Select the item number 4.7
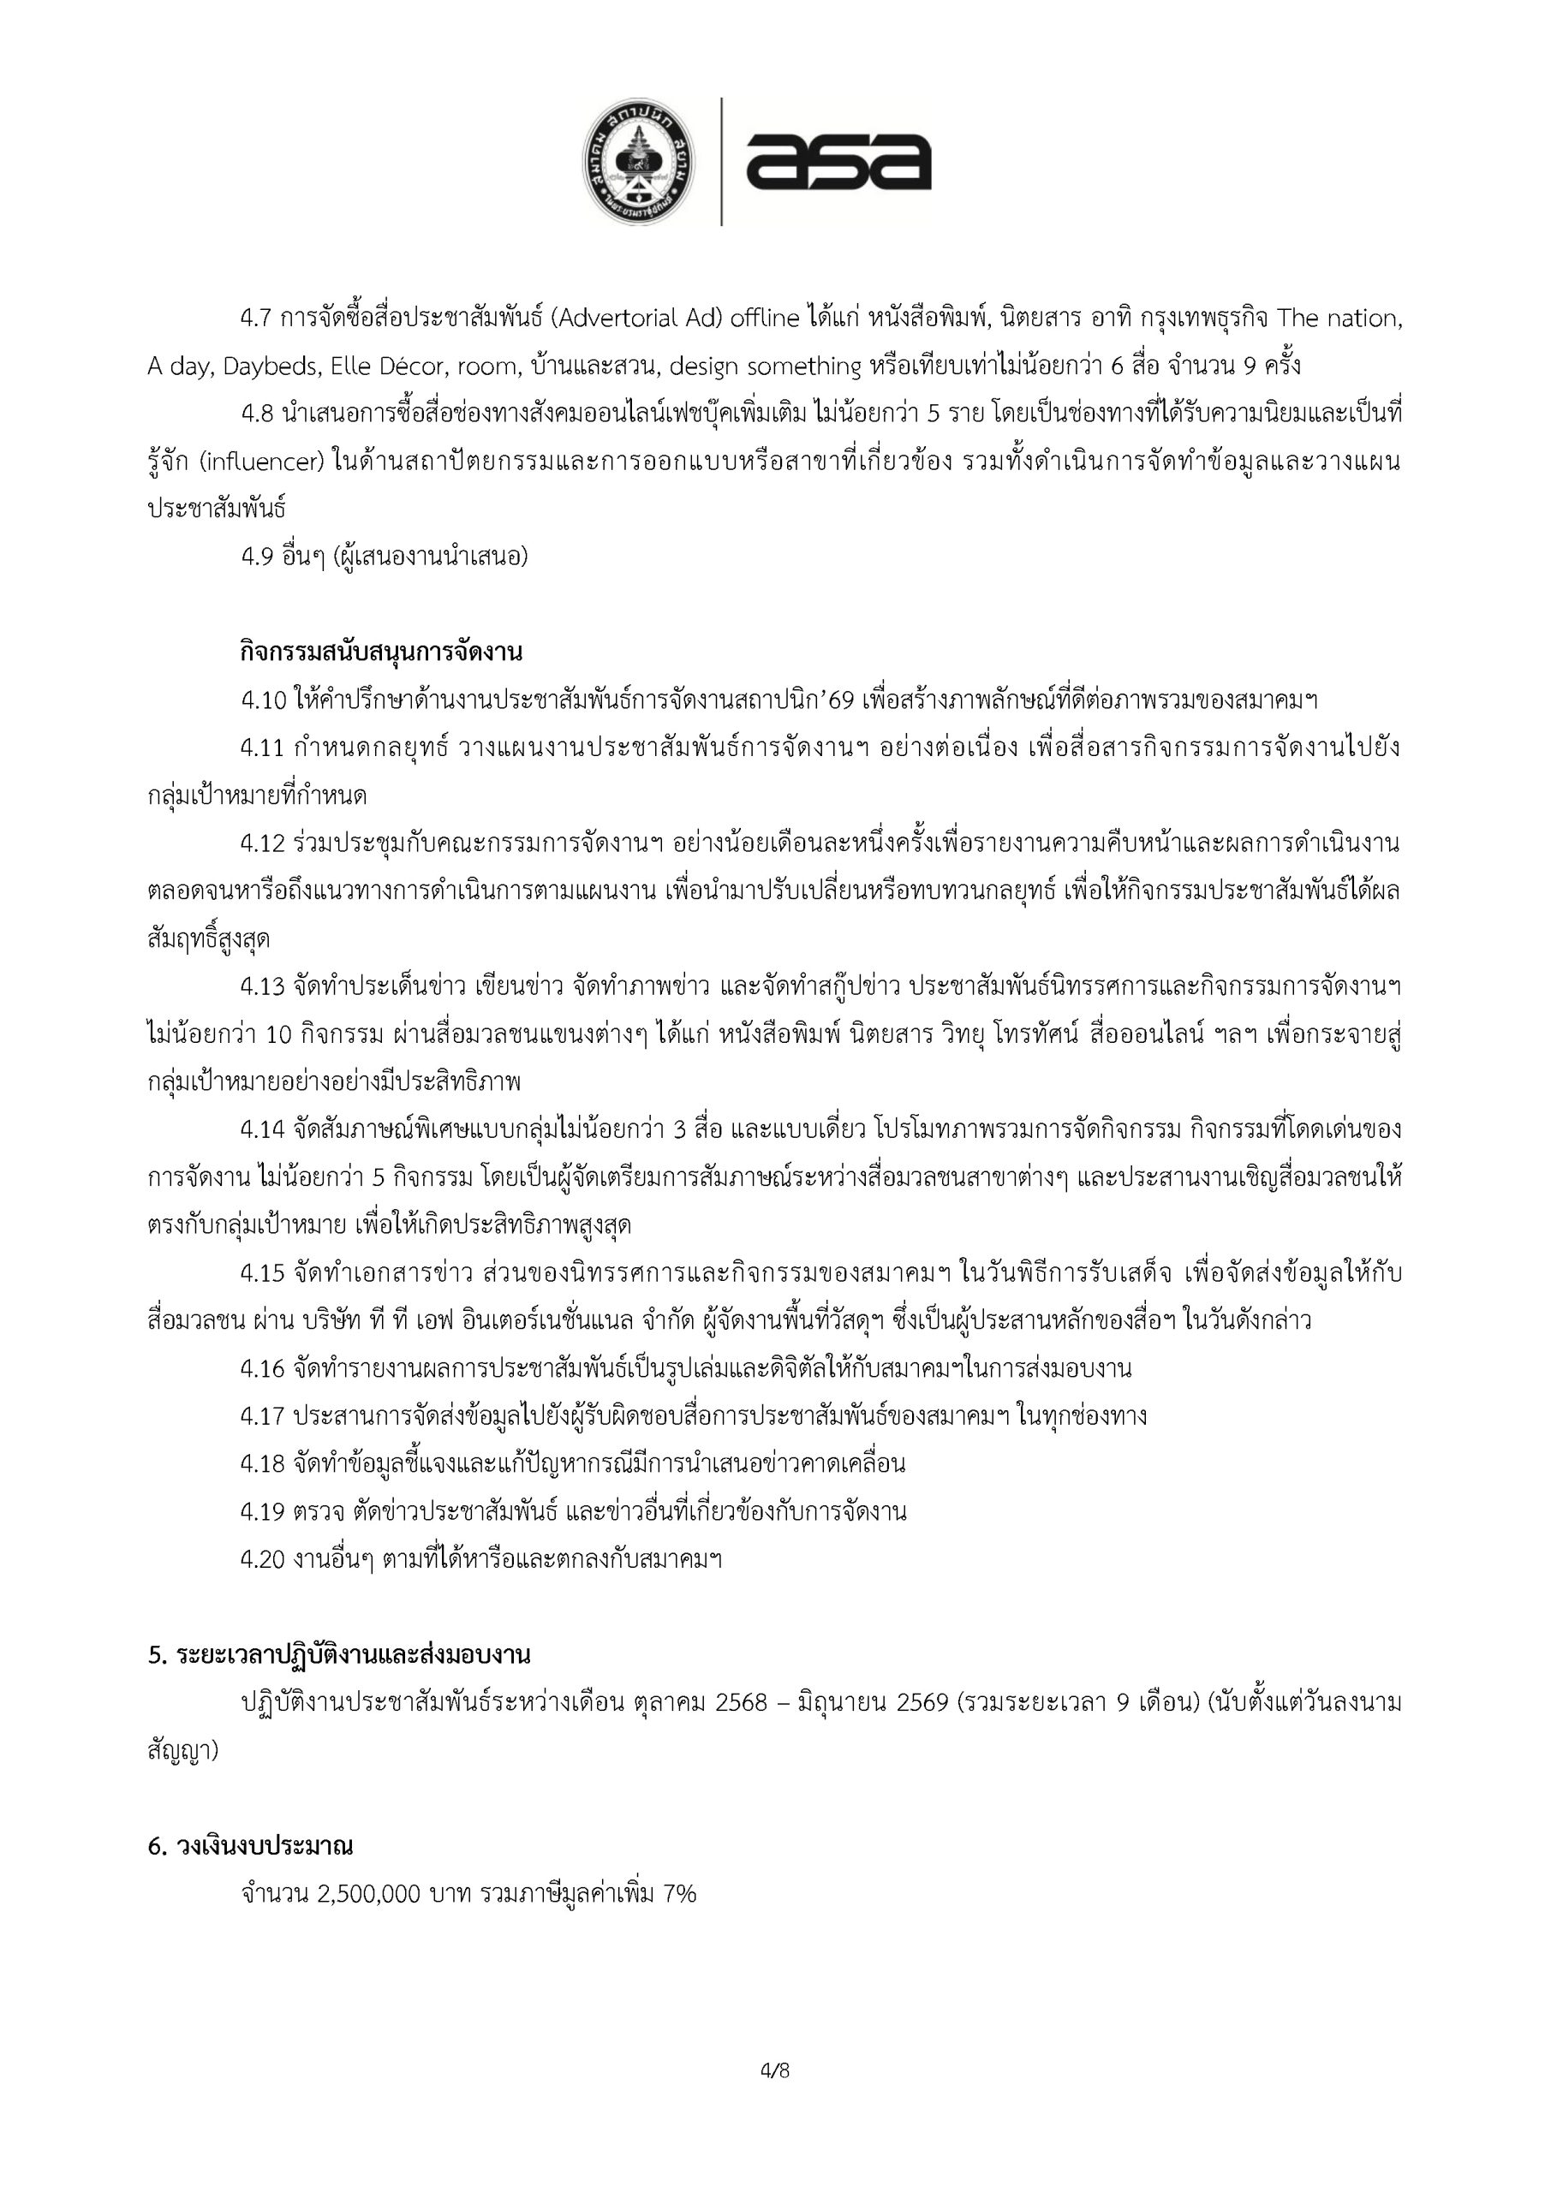(257, 319)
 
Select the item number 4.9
(257, 557)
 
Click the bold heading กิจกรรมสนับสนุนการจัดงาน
(381, 653)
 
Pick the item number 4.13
(263, 986)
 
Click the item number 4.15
(263, 1272)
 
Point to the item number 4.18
(263, 1462)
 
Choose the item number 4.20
(263, 1559)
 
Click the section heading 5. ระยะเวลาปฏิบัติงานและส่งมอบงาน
(339, 1654)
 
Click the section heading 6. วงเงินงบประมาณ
(250, 1846)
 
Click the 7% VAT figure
(679, 1894)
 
